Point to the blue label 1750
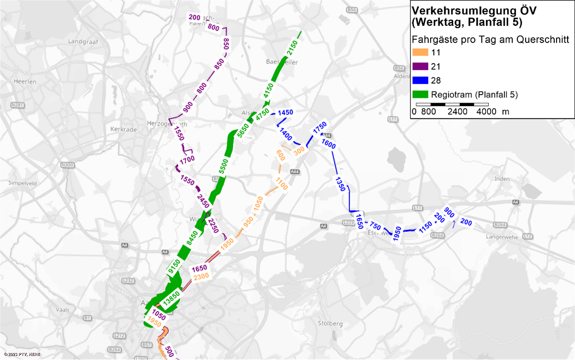tap(320, 128)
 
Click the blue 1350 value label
tap(340, 184)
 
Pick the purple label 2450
tap(203, 201)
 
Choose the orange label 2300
tap(202, 277)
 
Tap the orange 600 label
tap(280, 155)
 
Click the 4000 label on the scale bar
tap(487, 112)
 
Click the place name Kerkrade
tap(124, 130)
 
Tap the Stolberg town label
tap(331, 324)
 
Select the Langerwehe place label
tap(503, 237)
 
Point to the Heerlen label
tap(25, 82)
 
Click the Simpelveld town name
tap(22, 183)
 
